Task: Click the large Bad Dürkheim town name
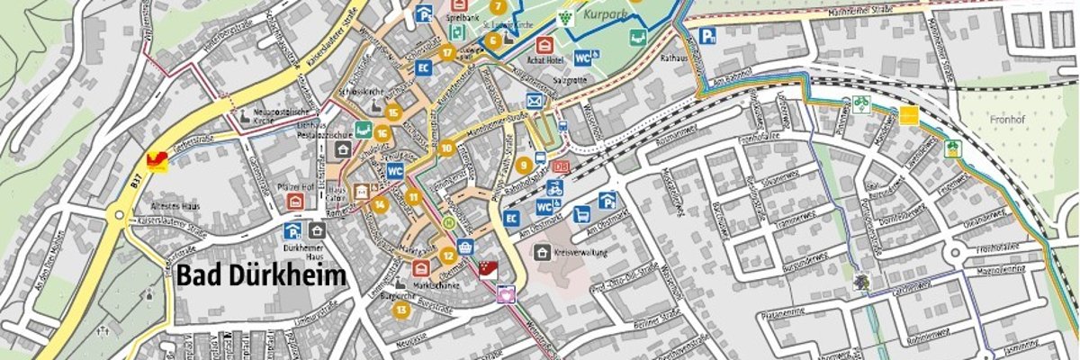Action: (x=261, y=276)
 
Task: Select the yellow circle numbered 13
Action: (x=400, y=310)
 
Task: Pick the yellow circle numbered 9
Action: (x=523, y=165)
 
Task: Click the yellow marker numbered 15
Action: (x=391, y=112)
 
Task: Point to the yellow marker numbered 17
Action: (x=447, y=52)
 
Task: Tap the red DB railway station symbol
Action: (x=560, y=166)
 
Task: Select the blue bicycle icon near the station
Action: (x=555, y=189)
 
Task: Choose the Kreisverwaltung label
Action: (x=580, y=253)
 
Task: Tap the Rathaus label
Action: (x=674, y=58)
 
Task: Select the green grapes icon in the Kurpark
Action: (x=564, y=16)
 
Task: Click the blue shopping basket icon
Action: (x=465, y=246)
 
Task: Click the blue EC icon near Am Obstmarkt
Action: (x=511, y=218)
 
